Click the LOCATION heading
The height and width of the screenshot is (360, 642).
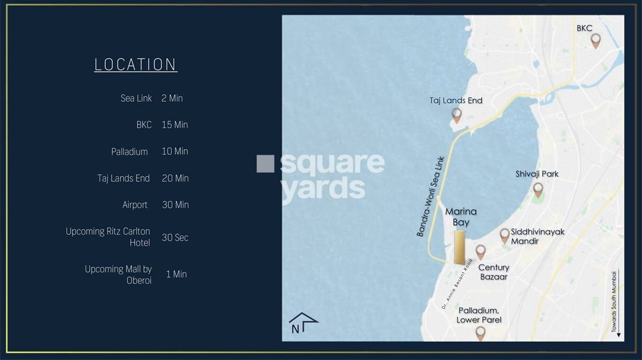pyautogui.click(x=135, y=65)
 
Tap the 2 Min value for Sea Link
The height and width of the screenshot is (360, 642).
pyautogui.click(x=172, y=98)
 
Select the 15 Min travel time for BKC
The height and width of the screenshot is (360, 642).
pyautogui.click(x=175, y=125)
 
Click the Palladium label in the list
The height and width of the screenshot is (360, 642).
pyautogui.click(x=129, y=151)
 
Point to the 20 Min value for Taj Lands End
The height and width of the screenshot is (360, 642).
pyautogui.click(x=175, y=178)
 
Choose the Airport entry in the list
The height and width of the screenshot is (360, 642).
pyautogui.click(x=135, y=205)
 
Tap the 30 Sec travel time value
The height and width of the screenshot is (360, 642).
pyautogui.click(x=175, y=238)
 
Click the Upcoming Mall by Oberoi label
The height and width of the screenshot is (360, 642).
pyautogui.click(x=118, y=275)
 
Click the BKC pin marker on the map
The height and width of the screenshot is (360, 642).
pyautogui.click(x=595, y=40)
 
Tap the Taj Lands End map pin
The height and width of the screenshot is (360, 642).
pyautogui.click(x=457, y=114)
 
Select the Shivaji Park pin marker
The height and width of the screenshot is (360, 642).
pyautogui.click(x=538, y=189)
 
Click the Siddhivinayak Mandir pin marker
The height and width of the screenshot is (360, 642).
pyautogui.click(x=504, y=235)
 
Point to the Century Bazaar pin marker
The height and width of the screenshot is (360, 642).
pyautogui.click(x=481, y=251)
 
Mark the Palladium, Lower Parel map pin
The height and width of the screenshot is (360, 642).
pyautogui.click(x=480, y=332)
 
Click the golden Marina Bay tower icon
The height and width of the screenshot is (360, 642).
pyautogui.click(x=459, y=247)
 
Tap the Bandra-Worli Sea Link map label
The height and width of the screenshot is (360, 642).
pyautogui.click(x=431, y=196)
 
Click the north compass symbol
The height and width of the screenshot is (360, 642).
pyautogui.click(x=303, y=322)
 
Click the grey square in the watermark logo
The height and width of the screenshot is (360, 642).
pyautogui.click(x=265, y=164)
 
